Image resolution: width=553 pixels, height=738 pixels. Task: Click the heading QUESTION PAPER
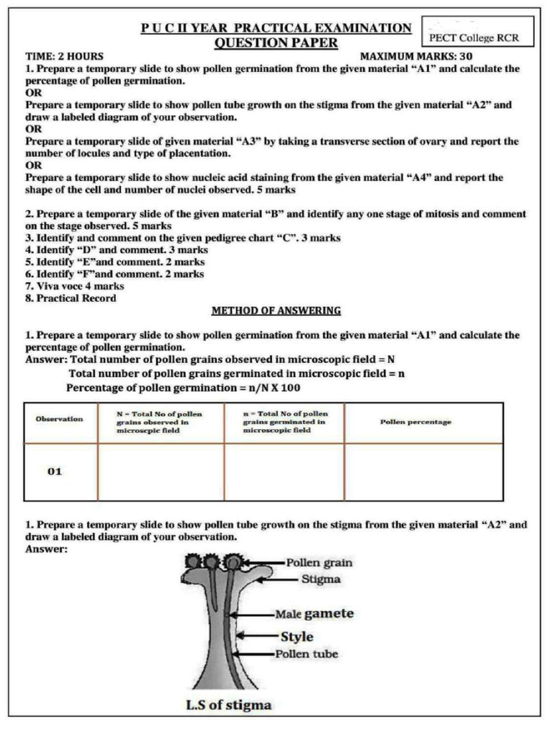point(276,43)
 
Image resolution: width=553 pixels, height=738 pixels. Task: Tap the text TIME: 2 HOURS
point(64,56)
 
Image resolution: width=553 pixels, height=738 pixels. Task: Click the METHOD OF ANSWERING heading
point(276,311)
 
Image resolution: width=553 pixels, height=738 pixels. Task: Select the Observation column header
point(59,419)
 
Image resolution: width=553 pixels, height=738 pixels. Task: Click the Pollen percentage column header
point(415,422)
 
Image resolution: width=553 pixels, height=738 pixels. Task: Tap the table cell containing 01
point(55,471)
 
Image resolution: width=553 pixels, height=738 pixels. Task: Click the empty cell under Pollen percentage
point(423,471)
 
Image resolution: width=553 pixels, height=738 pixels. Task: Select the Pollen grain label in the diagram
point(319,563)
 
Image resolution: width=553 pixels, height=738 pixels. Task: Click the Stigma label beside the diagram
point(320,579)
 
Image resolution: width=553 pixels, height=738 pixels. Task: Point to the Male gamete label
point(314,614)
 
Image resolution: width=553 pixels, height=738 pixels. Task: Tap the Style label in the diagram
point(297,636)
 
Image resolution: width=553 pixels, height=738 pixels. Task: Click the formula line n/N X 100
point(183,388)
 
